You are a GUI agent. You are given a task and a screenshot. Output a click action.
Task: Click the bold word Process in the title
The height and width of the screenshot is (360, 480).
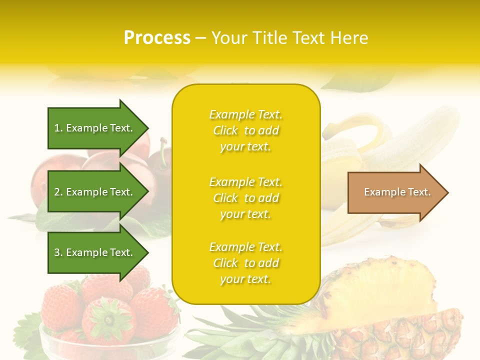(157, 38)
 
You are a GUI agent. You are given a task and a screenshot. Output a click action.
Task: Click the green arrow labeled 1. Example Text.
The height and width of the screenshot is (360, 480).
(95, 128)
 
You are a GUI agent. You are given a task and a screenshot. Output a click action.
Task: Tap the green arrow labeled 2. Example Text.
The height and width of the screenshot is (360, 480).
(95, 192)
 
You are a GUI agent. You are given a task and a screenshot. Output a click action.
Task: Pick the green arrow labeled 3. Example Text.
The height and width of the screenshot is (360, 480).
(95, 252)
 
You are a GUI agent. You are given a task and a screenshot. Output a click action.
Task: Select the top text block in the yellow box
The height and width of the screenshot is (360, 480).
(245, 130)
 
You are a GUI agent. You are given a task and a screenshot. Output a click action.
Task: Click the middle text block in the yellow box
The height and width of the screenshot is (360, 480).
(245, 198)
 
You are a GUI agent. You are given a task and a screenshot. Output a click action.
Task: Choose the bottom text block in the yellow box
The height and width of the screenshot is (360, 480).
(245, 263)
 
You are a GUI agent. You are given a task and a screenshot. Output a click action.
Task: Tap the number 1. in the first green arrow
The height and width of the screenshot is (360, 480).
(58, 128)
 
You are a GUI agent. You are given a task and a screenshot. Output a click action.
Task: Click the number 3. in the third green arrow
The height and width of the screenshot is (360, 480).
(58, 252)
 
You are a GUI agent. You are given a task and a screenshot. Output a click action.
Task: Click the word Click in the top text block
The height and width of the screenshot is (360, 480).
(225, 130)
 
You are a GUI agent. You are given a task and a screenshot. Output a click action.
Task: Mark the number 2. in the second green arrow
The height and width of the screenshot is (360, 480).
(58, 192)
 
